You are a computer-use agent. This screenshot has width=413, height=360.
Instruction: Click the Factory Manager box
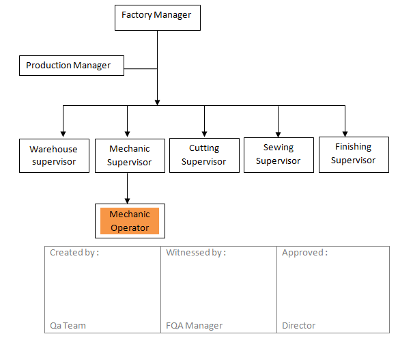tap(157, 16)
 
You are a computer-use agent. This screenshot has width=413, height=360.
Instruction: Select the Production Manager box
tap(71, 66)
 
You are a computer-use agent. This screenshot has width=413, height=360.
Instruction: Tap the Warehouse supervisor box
tap(54, 155)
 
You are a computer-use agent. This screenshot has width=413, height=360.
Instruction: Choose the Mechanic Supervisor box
tap(128, 155)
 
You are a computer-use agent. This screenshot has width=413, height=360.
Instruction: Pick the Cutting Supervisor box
tap(204, 154)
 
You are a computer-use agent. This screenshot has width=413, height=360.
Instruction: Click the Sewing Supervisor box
tap(279, 154)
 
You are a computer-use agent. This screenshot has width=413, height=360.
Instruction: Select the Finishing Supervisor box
tap(353, 153)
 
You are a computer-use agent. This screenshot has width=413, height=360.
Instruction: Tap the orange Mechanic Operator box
tap(130, 221)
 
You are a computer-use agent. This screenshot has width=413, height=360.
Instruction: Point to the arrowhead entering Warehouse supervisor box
tap(63, 133)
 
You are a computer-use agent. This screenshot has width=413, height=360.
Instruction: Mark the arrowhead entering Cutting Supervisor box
tap(204, 132)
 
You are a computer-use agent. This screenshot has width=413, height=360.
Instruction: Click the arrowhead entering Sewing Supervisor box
tap(279, 132)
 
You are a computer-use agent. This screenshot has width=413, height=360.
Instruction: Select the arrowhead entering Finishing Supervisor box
tap(345, 132)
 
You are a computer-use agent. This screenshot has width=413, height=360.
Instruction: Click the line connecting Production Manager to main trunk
tap(141, 68)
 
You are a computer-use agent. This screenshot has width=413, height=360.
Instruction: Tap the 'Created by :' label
tap(74, 253)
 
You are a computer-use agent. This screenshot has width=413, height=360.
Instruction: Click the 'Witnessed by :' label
tap(196, 253)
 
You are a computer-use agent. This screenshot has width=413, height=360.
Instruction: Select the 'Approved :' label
tap(304, 253)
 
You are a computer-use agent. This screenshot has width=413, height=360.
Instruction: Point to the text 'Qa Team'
tap(68, 325)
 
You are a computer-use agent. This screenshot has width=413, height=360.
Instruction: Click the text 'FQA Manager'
tap(194, 325)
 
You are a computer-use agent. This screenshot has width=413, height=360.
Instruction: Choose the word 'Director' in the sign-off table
tap(298, 325)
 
